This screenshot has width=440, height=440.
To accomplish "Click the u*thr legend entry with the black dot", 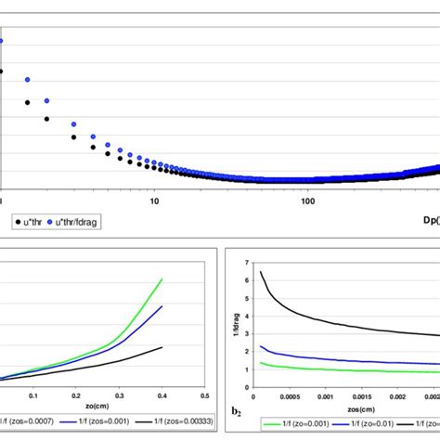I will point(32,221).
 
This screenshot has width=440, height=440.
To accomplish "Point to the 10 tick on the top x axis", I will point(154,201).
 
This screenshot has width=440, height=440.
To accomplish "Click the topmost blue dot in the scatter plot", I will point(2,41).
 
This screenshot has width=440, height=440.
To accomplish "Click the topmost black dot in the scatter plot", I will point(2,71).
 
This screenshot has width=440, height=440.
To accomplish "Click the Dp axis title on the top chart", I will point(428,221).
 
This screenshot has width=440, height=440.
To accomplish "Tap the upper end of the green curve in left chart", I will point(162,278).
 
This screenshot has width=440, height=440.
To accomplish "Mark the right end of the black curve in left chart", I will point(162,347).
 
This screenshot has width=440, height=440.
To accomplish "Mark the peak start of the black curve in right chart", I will point(262,272).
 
